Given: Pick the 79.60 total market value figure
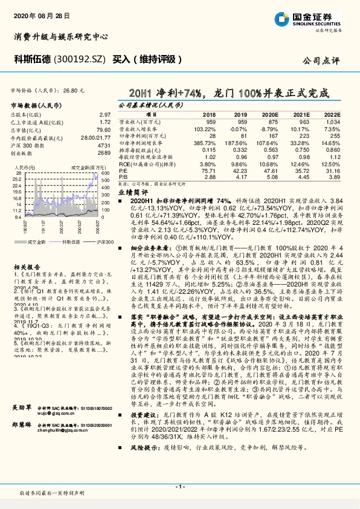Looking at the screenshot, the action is coord(103,130).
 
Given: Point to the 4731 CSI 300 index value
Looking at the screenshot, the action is coord(104,145).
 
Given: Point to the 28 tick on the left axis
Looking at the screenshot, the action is coord(18,172).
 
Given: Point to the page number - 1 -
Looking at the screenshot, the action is coord(179,486).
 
